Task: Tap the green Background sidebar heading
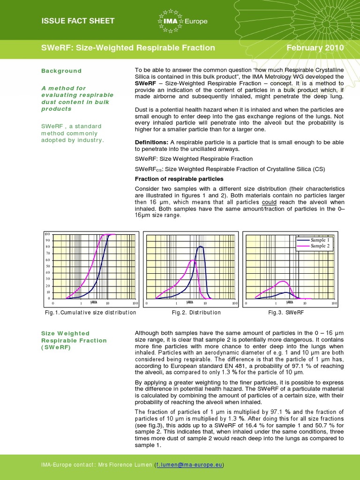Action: (61, 71)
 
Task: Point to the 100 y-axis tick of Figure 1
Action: (47, 234)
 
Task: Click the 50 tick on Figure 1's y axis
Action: (47, 266)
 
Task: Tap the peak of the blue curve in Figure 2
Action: (201, 246)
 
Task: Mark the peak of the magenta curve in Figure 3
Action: (282, 281)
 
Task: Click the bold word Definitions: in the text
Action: (151, 142)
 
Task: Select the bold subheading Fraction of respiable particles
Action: (179, 179)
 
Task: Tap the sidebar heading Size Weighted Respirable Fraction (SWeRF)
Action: (74, 340)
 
